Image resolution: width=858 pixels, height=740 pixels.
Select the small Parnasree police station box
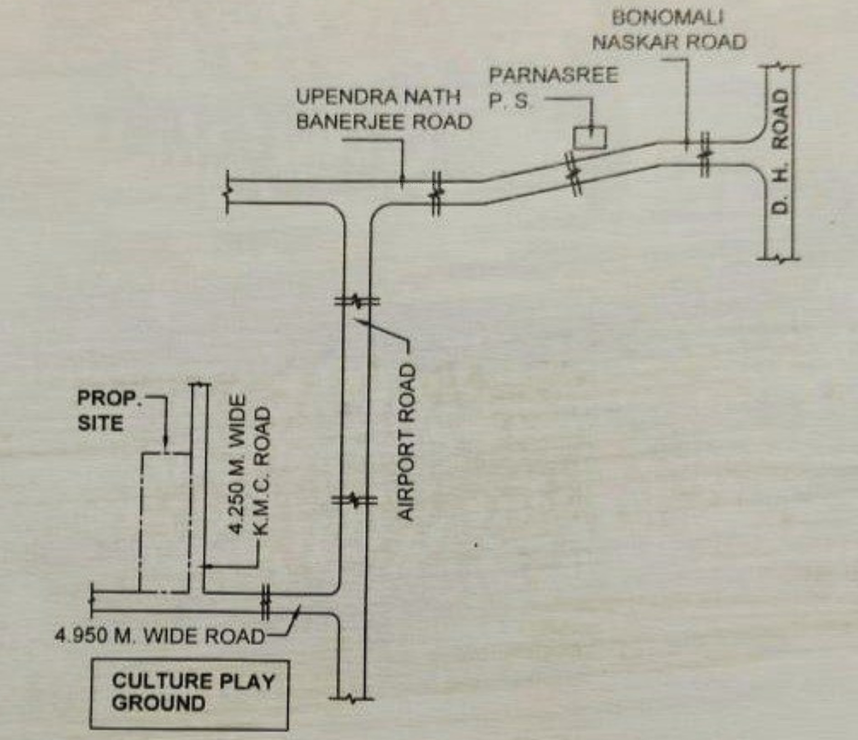point(590,138)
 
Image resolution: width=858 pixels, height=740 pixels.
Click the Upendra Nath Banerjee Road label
point(384,110)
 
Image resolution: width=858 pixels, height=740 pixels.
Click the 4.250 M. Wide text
point(237,464)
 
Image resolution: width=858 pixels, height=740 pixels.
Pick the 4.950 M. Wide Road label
point(159,636)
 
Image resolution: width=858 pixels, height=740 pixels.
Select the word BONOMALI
point(668,18)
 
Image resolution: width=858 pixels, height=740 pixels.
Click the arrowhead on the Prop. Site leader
point(166,441)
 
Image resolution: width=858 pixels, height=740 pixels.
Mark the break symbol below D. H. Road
point(780,259)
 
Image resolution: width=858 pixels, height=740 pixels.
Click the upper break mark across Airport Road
point(357,301)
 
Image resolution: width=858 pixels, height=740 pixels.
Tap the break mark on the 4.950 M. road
point(266,602)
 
